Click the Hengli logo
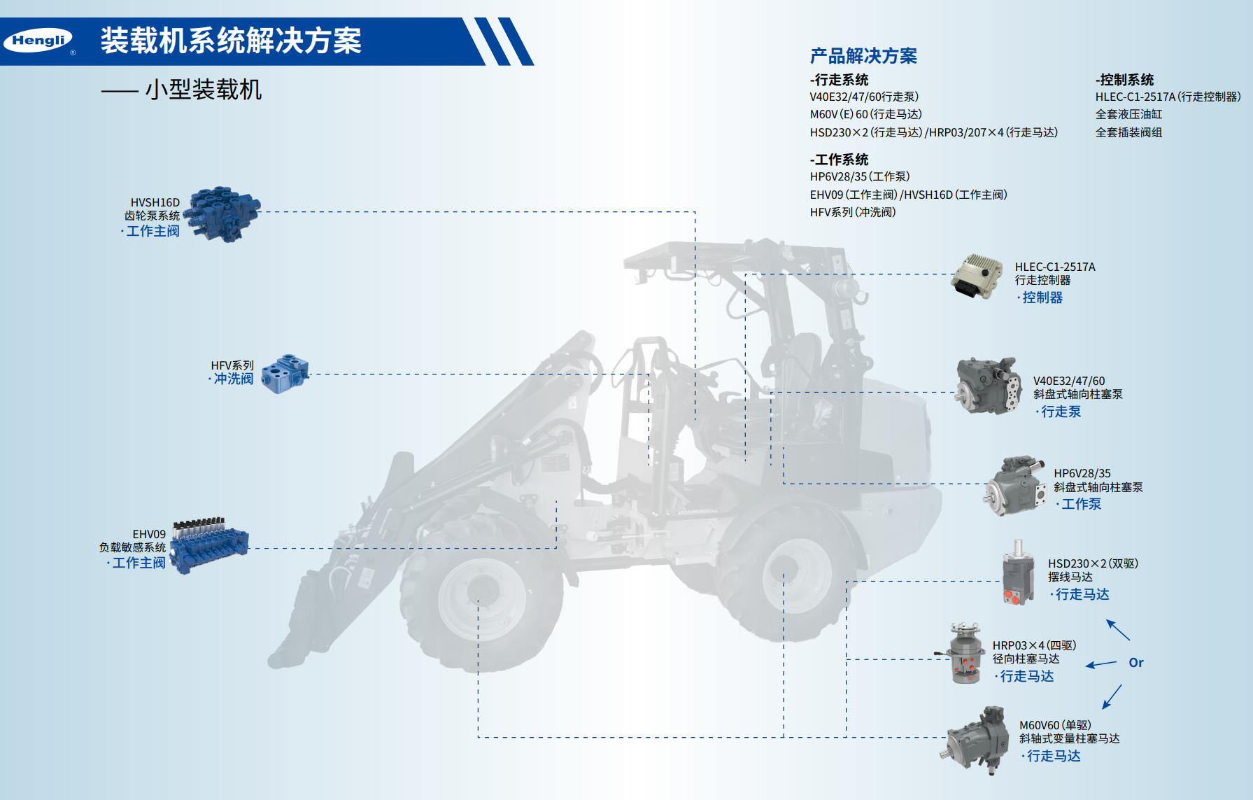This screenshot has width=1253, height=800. [38, 41]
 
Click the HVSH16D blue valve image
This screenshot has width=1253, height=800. [222, 214]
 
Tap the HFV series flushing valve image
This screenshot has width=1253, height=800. [285, 374]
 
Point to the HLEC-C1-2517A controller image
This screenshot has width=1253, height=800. [977, 276]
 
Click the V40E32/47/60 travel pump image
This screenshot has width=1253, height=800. [988, 386]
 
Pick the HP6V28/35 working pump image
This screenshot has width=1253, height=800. [1014, 486]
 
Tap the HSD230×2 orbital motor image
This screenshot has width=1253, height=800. [1018, 573]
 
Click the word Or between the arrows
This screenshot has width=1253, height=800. [1136, 663]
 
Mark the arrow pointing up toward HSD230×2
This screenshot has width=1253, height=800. [1117, 630]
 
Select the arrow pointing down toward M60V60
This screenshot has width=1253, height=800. [1112, 697]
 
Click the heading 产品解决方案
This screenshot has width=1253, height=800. [863, 56]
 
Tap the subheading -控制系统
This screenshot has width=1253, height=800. [1124, 80]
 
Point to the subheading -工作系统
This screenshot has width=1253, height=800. [839, 160]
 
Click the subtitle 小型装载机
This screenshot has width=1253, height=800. [204, 90]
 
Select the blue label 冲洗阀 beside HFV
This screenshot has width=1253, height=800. [234, 379]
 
